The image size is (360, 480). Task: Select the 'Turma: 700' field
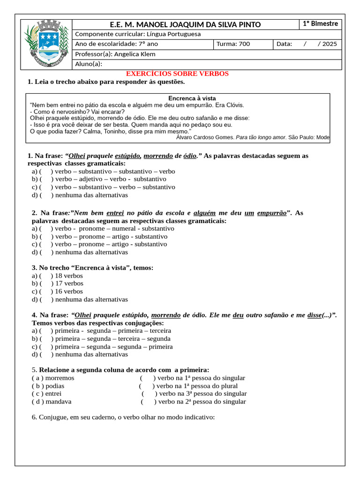tap(233, 44)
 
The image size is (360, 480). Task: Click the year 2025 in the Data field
tap(329, 44)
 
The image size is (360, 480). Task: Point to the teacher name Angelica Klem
tap(135, 54)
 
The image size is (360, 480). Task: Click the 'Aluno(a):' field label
tap(89, 64)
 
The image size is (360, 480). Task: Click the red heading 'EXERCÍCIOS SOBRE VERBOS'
tap(178, 74)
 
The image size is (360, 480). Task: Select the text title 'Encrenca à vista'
tap(192, 98)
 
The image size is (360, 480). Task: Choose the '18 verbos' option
tap(69, 276)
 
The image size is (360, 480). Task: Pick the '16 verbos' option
tap(69, 291)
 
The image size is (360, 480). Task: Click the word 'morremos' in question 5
tap(60, 378)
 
